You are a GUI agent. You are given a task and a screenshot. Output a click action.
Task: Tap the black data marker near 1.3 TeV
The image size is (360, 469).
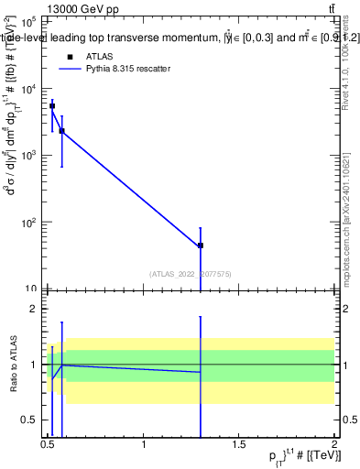click(x=200, y=245)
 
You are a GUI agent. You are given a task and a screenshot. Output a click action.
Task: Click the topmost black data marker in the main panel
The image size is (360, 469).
click(x=52, y=106)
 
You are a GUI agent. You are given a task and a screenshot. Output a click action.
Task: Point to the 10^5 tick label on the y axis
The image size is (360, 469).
click(x=29, y=20)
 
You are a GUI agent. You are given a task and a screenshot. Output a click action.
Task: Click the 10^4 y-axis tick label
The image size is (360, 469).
click(x=29, y=88)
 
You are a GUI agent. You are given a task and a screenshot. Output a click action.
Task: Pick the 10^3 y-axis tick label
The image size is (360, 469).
click(x=29, y=155)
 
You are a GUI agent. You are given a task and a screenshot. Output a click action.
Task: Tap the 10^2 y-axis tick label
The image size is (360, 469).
click(x=29, y=223)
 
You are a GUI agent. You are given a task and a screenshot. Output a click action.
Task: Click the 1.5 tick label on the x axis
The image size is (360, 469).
click(x=239, y=444)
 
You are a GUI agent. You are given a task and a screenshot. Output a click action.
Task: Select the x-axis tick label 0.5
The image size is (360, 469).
click(x=49, y=444)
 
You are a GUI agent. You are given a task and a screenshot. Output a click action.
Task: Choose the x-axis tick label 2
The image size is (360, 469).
click(x=334, y=444)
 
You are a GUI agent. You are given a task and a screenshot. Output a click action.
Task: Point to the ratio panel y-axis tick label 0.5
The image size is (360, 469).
click(x=29, y=420)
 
